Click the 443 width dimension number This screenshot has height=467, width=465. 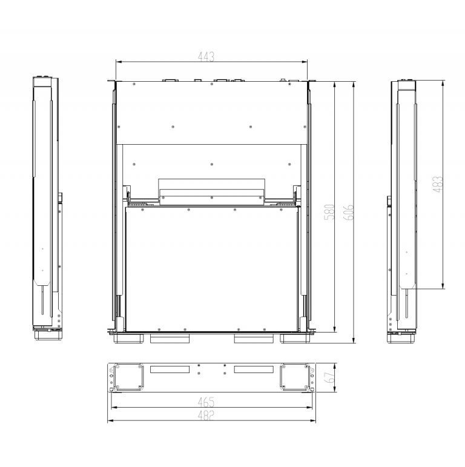(206, 56)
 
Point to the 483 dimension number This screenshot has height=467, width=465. (438, 184)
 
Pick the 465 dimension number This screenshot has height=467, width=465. (209, 402)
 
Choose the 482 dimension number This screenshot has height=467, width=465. (209, 416)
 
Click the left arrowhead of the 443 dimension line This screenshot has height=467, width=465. (117, 61)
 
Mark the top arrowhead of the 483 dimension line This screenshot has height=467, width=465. (445, 82)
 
